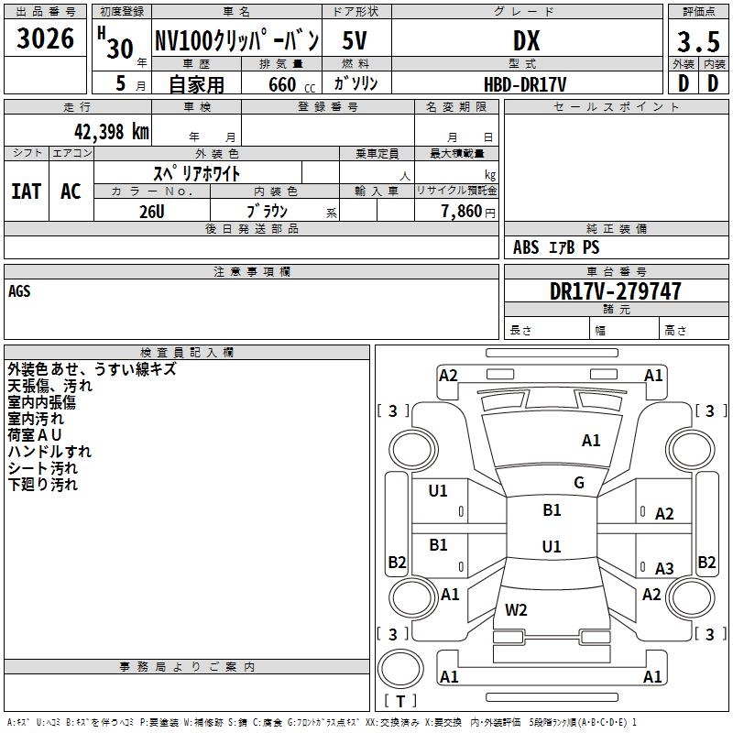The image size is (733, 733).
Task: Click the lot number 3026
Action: pos(46,38)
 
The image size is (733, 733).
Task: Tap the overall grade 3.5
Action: pos(696,41)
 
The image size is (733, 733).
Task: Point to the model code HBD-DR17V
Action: pos(526,84)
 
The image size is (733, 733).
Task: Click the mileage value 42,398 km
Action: pos(111,131)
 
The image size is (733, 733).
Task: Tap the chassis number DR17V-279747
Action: pos(616,291)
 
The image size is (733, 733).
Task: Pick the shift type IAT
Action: pos(26,191)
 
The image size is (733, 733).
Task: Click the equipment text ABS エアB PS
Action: pos(556,247)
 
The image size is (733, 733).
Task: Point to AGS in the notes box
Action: pos(19,291)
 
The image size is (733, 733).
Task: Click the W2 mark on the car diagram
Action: pos(517,609)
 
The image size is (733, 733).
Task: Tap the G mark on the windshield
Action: pos(579,483)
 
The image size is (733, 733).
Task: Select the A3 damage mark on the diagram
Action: pos(664,568)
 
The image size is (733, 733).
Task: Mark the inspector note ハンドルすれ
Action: pos(49,452)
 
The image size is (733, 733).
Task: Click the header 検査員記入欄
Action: pos(187,352)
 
